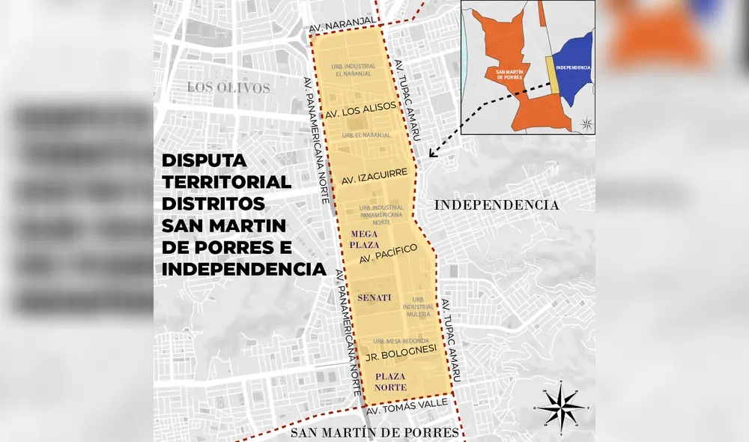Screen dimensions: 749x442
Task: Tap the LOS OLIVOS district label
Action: tap(228, 88)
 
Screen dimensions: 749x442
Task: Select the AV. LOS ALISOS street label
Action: tap(360, 110)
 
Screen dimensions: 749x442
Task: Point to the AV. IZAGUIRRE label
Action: tap(374, 177)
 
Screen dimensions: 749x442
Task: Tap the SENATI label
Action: tap(374, 297)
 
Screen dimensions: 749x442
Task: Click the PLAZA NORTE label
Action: tap(391, 381)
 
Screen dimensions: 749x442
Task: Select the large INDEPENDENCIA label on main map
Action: tap(497, 205)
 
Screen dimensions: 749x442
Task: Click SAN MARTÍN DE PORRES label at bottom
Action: tap(374, 432)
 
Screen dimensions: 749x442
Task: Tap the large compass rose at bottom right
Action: tap(563, 406)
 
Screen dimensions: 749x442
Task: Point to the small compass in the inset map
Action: tap(586, 124)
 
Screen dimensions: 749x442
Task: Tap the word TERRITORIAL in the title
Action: tap(226, 182)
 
